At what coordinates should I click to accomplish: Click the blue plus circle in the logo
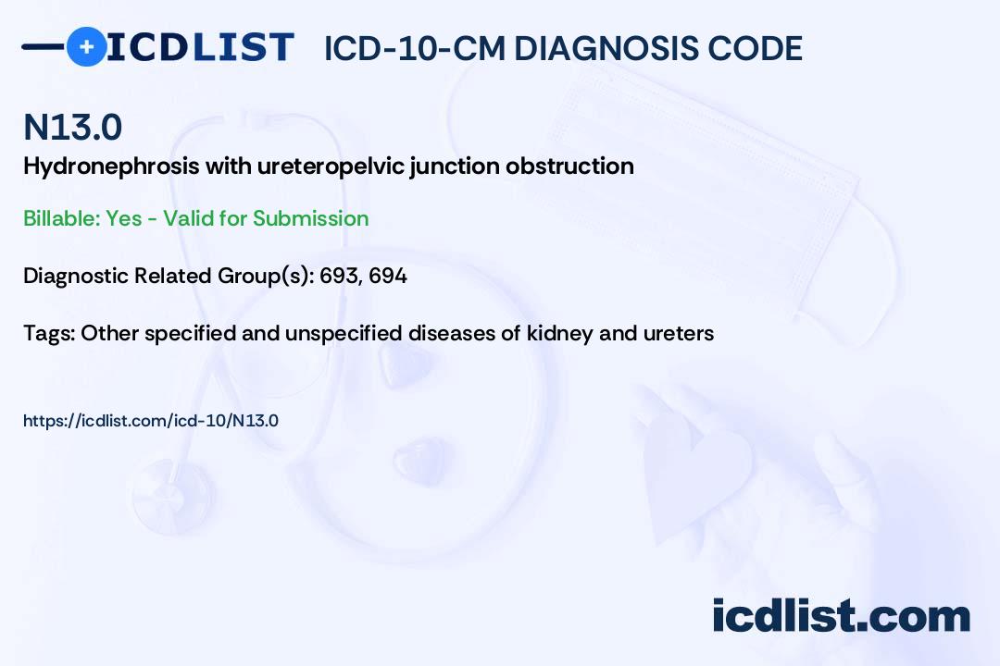[87, 46]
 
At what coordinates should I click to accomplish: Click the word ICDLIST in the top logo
[200, 47]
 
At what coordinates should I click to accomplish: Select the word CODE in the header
[746, 48]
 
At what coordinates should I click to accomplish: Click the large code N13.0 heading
[73, 127]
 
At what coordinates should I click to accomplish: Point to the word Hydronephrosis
[111, 166]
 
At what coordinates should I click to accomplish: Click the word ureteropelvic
[331, 166]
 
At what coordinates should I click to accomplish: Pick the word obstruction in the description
[569, 166]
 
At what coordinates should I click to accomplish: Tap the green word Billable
[61, 218]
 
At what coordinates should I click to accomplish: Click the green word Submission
[310, 218]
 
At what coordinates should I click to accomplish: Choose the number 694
[388, 276]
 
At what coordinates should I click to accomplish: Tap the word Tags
[48, 333]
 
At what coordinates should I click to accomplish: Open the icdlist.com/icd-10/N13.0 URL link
[151, 421]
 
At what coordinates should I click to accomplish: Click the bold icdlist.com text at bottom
[841, 615]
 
